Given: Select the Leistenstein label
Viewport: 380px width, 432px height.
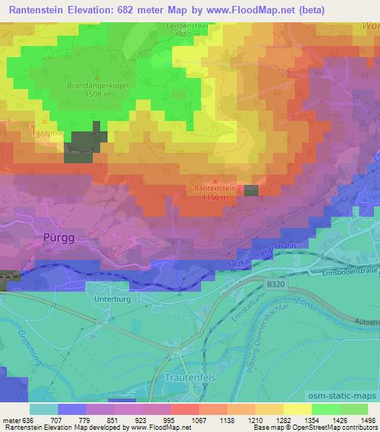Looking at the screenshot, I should pyautogui.click(x=182, y=25).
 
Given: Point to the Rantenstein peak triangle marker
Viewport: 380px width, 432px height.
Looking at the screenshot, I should pyautogui.click(x=215, y=180).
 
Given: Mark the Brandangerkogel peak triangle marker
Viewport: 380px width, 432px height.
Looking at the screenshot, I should pyautogui.click(x=96, y=76).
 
